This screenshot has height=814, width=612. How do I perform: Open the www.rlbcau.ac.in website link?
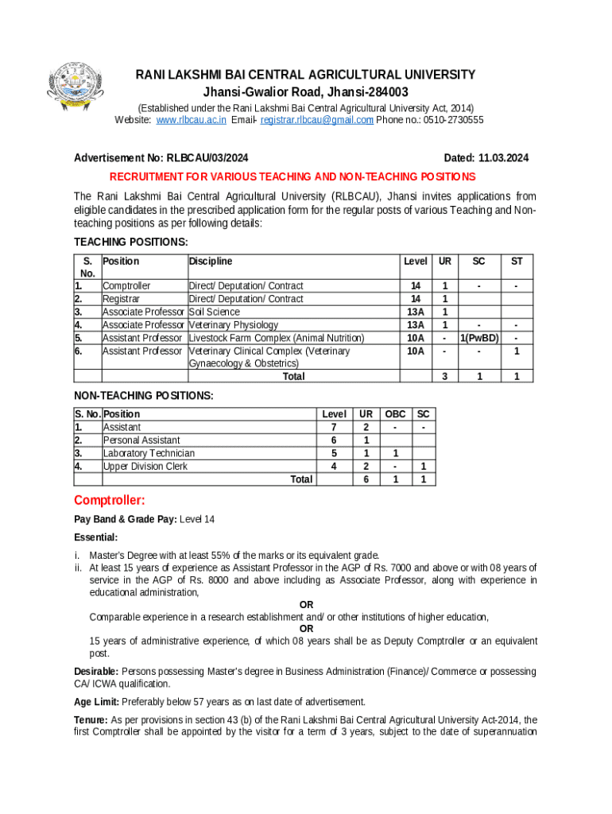[192, 120]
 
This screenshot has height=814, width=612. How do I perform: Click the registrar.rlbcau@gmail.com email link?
[316, 120]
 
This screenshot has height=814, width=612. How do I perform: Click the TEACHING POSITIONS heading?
[131, 242]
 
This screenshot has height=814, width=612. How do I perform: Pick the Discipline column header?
[211, 262]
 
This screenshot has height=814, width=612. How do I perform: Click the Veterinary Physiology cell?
[234, 324]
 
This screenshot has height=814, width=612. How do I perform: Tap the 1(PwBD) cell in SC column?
[478, 338]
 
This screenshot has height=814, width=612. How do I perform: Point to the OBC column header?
[395, 414]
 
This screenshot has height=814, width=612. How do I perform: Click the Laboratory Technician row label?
[149, 453]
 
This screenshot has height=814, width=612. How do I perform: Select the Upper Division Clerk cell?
[145, 467]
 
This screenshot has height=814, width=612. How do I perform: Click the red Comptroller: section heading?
[110, 501]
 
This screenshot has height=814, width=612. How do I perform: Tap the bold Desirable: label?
[96, 672]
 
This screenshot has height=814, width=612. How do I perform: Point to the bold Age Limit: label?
[96, 702]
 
